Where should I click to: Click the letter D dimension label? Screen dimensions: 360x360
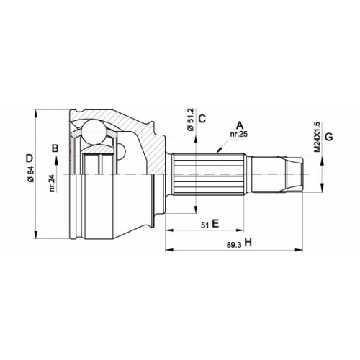click(30, 158)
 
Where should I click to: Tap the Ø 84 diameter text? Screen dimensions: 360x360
click(30, 174)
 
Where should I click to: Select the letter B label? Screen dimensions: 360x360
click(55, 148)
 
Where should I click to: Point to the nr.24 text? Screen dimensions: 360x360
click(53, 183)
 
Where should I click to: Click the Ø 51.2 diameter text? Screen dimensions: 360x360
click(191, 120)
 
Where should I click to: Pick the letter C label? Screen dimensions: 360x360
click(202, 118)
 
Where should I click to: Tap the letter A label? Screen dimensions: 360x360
click(240, 125)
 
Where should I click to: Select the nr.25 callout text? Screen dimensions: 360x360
click(238, 135)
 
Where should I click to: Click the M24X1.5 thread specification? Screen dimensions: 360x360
click(317, 137)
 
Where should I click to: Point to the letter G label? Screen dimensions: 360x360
click(329, 137)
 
